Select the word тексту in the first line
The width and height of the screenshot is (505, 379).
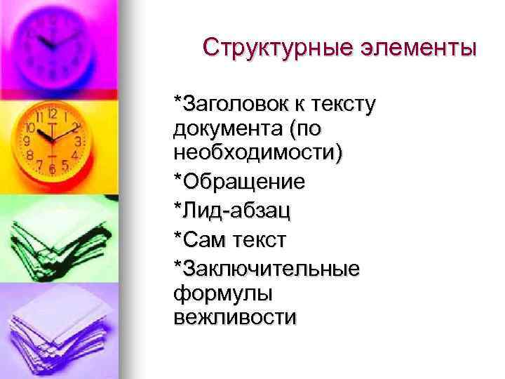tap(342, 105)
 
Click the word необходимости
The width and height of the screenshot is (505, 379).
tap(257, 152)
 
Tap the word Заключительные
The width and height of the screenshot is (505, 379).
tap(271, 269)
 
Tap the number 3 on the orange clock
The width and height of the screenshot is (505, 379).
tap(78, 141)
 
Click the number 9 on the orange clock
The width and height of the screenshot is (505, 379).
tap(27, 140)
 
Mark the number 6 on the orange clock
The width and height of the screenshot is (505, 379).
tap(53, 169)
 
